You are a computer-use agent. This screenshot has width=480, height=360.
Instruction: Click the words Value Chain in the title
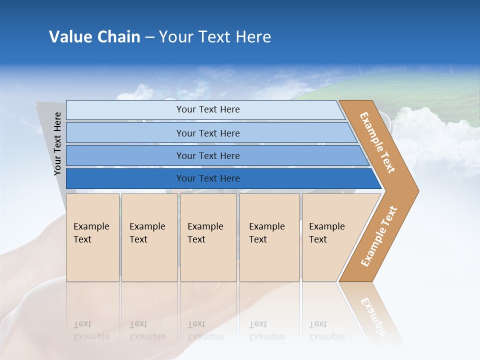[x=94, y=37]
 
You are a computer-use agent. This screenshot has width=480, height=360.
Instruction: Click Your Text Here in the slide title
[x=215, y=37]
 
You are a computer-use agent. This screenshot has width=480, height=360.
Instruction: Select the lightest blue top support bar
[x=207, y=109]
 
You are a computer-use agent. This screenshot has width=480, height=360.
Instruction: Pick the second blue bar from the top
[x=207, y=133]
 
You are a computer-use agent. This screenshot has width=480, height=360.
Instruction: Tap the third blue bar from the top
[x=207, y=155]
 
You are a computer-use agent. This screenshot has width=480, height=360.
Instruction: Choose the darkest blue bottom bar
[x=207, y=178]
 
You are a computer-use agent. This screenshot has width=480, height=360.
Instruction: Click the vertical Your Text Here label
[x=57, y=143]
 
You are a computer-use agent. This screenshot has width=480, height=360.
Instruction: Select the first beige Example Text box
[x=92, y=236]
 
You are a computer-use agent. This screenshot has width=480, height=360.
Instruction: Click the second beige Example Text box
[x=149, y=236]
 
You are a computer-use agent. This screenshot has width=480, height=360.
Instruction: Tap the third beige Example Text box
[x=207, y=236]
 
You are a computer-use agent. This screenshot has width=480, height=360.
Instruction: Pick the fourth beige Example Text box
[x=269, y=236]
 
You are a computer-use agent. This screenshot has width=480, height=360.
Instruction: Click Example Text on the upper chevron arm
[x=377, y=142]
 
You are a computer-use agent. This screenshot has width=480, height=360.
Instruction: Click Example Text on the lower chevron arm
[x=379, y=236]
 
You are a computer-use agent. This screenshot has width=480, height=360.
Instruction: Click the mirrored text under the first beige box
[x=91, y=330]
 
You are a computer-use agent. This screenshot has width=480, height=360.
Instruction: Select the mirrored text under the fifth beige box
[x=327, y=330]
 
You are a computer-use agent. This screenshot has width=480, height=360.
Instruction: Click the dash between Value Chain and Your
[x=149, y=37]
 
